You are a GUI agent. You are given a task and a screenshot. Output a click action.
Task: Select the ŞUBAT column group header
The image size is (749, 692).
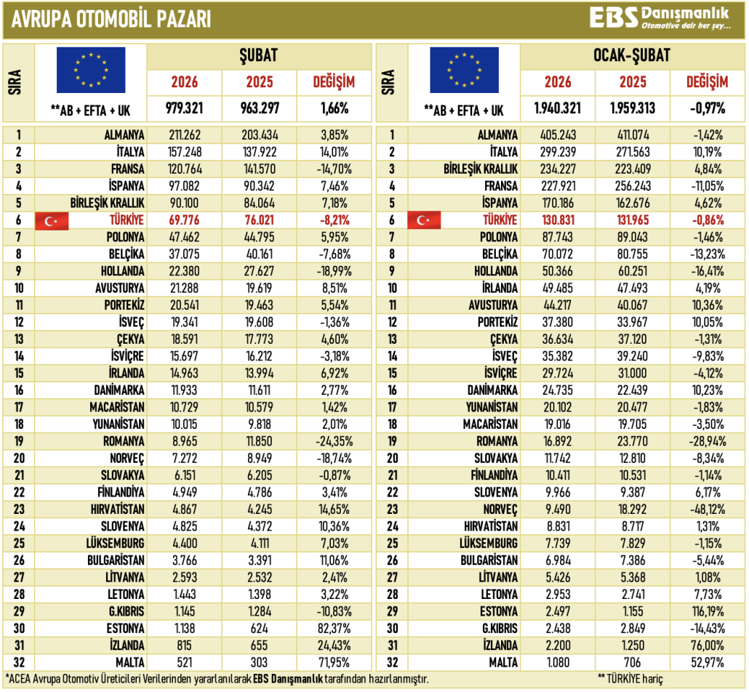click(259, 56)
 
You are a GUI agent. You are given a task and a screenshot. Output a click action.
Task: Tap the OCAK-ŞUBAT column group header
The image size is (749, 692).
click(632, 56)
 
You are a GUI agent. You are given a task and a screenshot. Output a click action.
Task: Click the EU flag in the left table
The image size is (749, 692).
click(91, 71)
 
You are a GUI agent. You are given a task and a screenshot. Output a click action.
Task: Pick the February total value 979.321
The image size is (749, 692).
click(184, 109)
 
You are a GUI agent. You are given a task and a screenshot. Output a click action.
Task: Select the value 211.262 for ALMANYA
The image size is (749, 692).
click(184, 135)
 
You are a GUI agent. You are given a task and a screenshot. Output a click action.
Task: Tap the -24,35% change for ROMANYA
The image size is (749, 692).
click(334, 441)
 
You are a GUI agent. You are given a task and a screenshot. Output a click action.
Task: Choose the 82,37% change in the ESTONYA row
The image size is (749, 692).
click(334, 627)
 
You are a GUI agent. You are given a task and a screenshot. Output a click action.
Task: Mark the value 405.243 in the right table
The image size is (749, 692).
click(557, 135)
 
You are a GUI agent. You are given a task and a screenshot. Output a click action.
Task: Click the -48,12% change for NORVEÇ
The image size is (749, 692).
click(708, 509)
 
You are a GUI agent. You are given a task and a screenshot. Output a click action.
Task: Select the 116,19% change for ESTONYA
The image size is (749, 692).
click(708, 611)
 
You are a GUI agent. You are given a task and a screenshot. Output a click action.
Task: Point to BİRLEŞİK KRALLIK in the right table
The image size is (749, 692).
click(481, 169)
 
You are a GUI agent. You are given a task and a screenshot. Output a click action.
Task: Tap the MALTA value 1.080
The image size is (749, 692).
click(557, 661)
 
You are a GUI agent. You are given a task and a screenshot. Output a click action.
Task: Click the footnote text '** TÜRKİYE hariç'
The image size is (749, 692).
click(630, 679)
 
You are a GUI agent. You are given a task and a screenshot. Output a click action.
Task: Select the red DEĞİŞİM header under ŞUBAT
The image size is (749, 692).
click(334, 82)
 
